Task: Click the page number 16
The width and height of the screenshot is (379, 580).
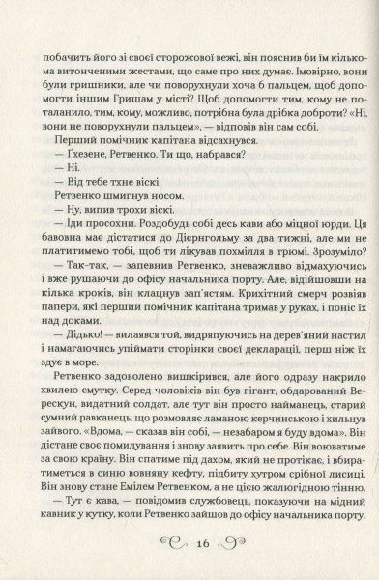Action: [x=190, y=544]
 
